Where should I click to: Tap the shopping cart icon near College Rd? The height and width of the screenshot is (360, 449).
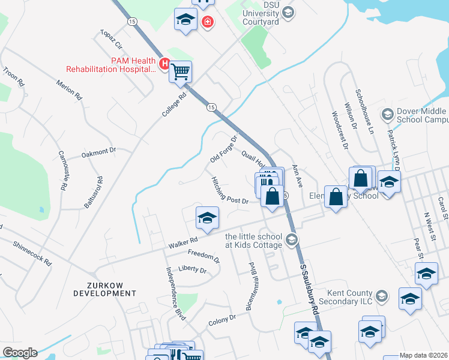tap(180, 73)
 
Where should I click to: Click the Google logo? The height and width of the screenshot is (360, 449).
tap(19, 352)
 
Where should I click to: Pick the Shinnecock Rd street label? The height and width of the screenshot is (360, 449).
tap(34, 254)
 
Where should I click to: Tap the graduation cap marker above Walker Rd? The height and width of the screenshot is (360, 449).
tap(206, 218)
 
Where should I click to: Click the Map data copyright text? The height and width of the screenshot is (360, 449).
tap(424, 355)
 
